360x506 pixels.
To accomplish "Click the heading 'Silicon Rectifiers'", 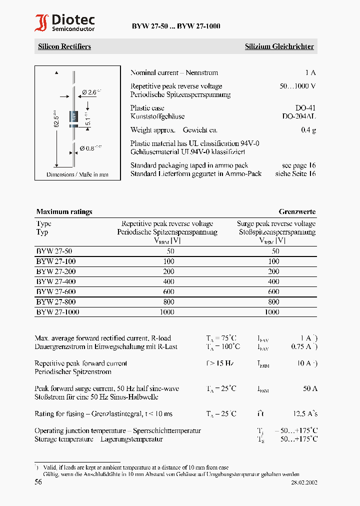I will click(x=64, y=46).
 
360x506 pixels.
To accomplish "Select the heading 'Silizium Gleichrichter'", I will click(x=279, y=46).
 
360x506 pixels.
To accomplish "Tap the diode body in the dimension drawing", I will click(x=73, y=115).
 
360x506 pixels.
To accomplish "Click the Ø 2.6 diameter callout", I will click(x=90, y=91).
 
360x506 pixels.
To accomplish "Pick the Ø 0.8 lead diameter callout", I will click(x=90, y=147).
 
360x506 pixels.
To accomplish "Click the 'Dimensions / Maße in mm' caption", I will click(x=77, y=174).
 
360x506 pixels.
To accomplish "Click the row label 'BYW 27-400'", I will click(x=56, y=281).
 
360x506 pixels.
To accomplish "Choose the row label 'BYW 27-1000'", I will click(x=57, y=312).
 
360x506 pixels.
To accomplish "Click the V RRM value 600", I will click(x=168, y=292).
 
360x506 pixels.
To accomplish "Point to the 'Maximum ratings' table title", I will click(x=64, y=211).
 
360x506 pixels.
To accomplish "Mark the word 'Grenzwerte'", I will click(x=297, y=211).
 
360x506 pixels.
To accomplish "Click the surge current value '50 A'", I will click(x=310, y=388).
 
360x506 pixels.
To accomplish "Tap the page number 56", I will click(x=38, y=482).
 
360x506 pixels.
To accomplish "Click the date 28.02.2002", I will click(x=304, y=482).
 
